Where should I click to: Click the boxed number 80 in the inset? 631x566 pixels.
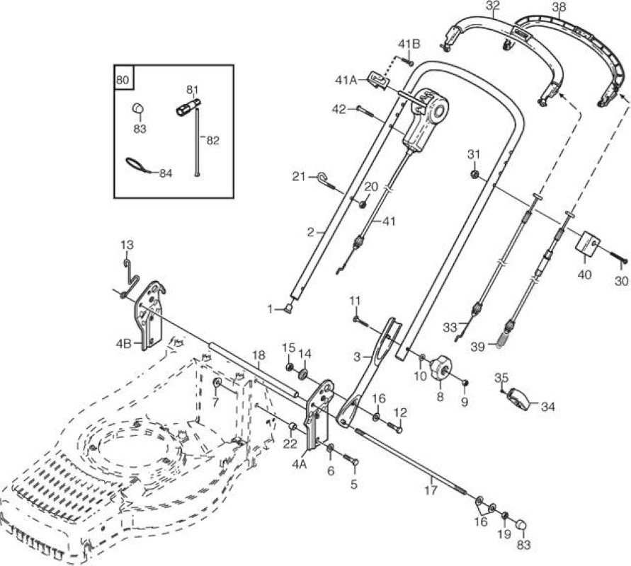click(x=123, y=79)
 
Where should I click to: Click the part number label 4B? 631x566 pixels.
click(x=123, y=344)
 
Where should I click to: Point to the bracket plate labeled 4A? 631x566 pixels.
click(x=319, y=413)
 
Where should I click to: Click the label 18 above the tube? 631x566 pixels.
click(x=260, y=355)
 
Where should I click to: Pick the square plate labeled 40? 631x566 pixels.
click(x=589, y=246)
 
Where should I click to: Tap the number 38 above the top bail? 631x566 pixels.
click(x=559, y=7)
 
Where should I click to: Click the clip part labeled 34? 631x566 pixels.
click(x=519, y=399)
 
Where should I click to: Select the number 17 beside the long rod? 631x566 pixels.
click(x=431, y=490)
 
